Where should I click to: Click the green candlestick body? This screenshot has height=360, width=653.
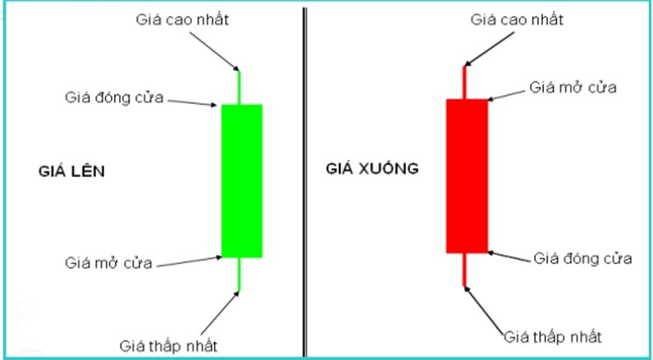(241, 180)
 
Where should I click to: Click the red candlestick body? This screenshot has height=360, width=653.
(467, 176)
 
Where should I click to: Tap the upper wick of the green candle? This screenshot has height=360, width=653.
(239, 88)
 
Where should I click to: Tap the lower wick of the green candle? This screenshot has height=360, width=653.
(239, 274)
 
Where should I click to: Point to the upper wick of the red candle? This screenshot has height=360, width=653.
(464, 82)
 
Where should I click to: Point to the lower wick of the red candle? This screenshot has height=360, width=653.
(464, 269)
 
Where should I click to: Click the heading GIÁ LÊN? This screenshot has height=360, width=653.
(71, 171)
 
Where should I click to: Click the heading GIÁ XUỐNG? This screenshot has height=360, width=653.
(372, 168)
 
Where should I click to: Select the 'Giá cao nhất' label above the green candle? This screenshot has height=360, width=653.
(182, 20)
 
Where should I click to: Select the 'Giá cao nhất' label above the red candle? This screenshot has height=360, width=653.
(517, 20)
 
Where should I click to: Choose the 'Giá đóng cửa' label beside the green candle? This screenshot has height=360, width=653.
(114, 98)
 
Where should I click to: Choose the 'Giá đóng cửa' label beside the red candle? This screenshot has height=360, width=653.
(582, 259)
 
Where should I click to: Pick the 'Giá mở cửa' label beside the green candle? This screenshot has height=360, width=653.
(108, 263)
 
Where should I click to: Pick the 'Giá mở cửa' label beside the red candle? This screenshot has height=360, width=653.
(573, 88)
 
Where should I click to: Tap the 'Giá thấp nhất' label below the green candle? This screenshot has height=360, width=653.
(168, 346)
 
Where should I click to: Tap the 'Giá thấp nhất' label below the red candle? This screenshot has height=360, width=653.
(553, 336)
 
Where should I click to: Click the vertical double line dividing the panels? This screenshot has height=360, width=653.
(305, 182)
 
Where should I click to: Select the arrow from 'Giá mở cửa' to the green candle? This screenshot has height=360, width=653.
(190, 262)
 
